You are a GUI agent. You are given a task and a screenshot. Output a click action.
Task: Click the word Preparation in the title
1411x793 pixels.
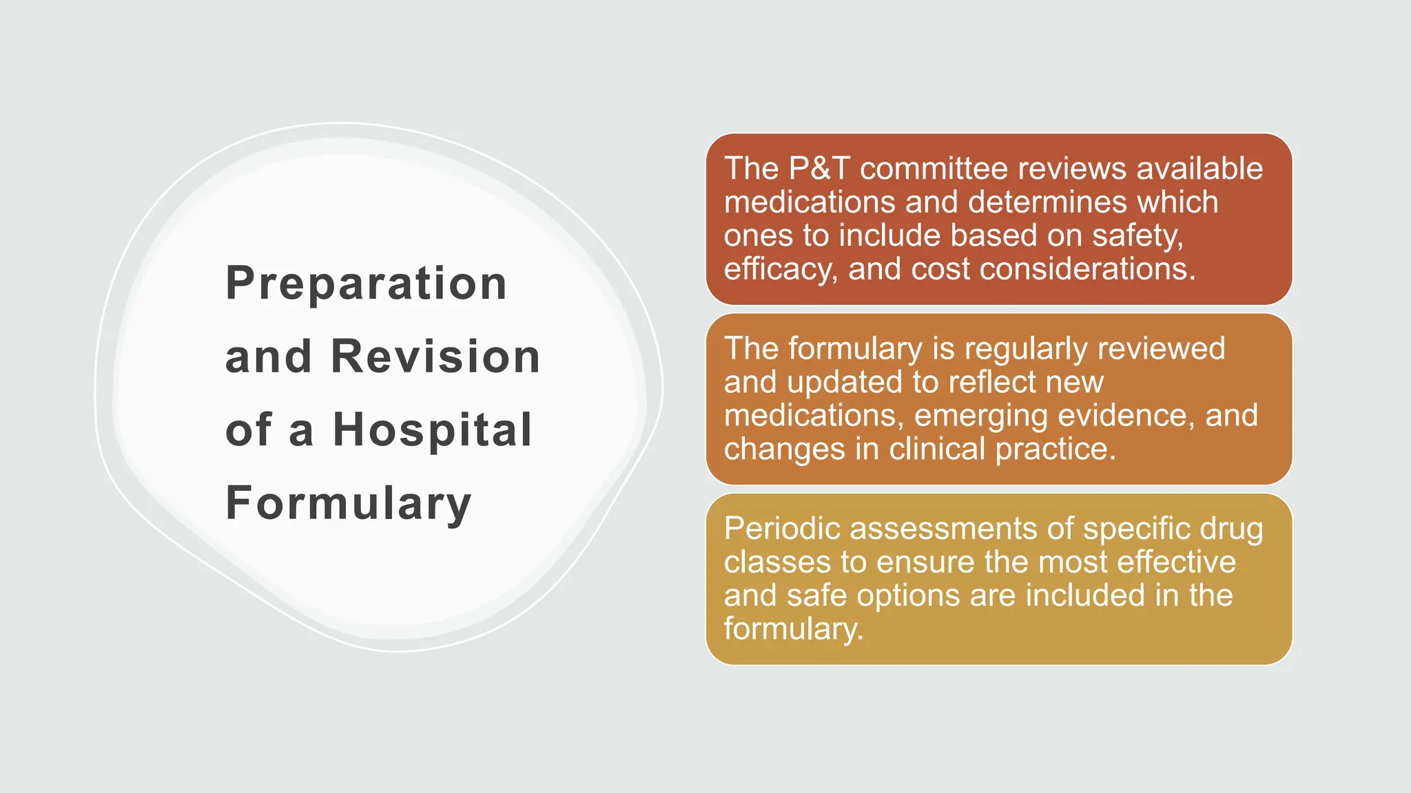(366, 284)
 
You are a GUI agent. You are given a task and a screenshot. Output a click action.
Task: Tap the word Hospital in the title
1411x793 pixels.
(433, 430)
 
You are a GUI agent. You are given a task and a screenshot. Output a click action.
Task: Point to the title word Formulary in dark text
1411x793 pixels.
(348, 503)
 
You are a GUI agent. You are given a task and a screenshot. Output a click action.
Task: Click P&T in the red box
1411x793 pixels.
(819, 169)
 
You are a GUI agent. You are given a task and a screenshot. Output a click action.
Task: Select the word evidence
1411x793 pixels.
(1126, 416)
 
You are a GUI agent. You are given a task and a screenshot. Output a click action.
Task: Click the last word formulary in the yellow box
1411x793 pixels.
(793, 629)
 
